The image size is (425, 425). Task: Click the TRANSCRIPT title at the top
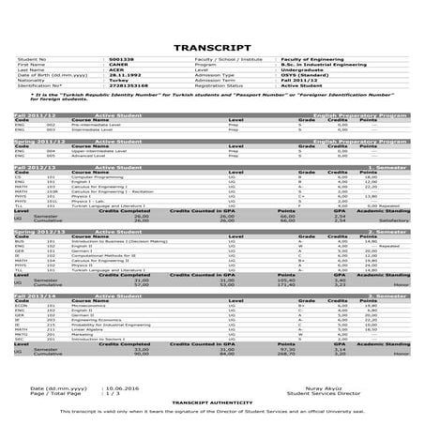coord(212,46)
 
